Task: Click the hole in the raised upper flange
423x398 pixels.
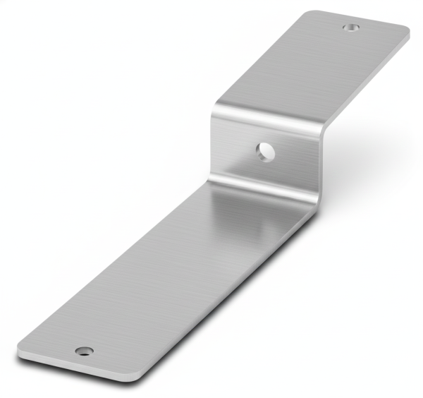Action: (x=350, y=28)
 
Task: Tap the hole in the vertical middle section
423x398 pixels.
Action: (x=265, y=150)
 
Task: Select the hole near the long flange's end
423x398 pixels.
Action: (x=84, y=351)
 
